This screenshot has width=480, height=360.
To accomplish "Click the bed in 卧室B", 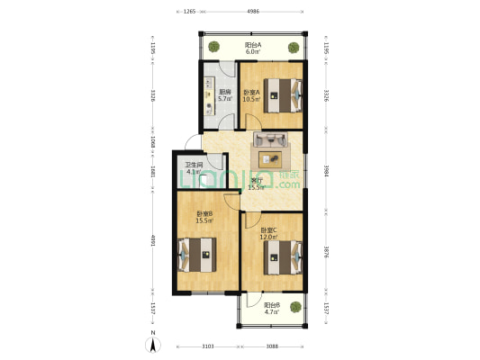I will tap(199, 254).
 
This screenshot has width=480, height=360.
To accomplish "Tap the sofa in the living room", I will tap(270, 139).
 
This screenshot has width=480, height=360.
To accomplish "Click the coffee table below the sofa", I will tap(269, 158).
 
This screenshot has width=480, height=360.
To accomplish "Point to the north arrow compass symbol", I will tap(153, 342).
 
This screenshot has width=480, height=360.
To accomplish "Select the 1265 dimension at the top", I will tap(189, 13).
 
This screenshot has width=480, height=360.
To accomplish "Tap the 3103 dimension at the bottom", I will tap(207, 346).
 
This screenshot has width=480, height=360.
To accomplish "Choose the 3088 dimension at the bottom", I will tap(272, 346).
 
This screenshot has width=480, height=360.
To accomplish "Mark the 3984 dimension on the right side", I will tap(326, 171).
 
